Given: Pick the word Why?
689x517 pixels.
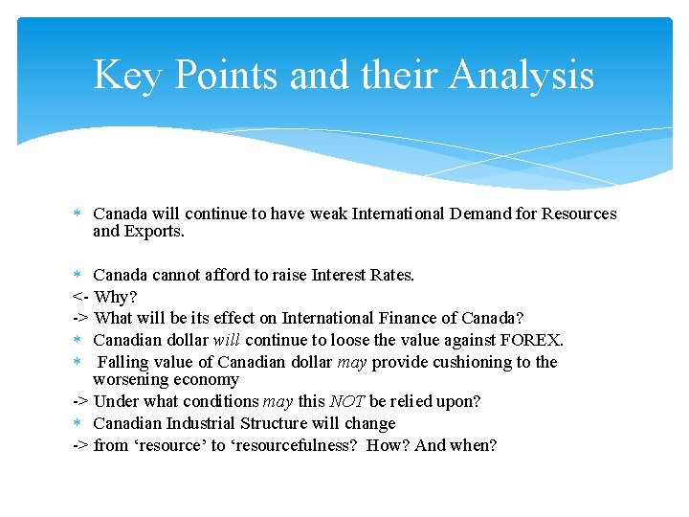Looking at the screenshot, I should tap(116, 297).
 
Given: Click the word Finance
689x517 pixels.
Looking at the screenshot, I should tap(404, 318).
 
